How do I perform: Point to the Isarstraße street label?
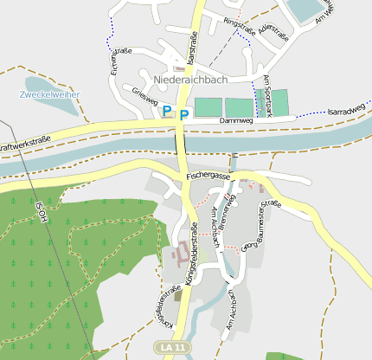[191, 45]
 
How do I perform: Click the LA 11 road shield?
[173, 347]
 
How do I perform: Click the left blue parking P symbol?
[167, 110]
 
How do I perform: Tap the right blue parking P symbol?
[184, 113]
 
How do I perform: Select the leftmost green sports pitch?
[208, 107]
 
